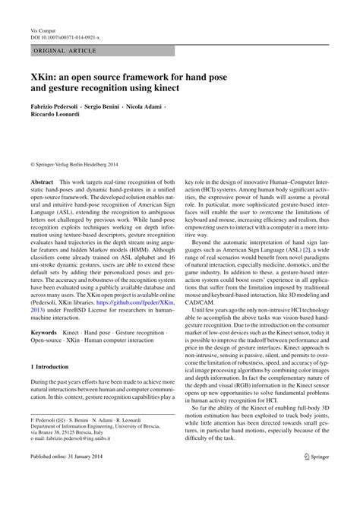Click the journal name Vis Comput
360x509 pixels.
tap(43, 27)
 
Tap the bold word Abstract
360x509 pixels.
tap(42, 183)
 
